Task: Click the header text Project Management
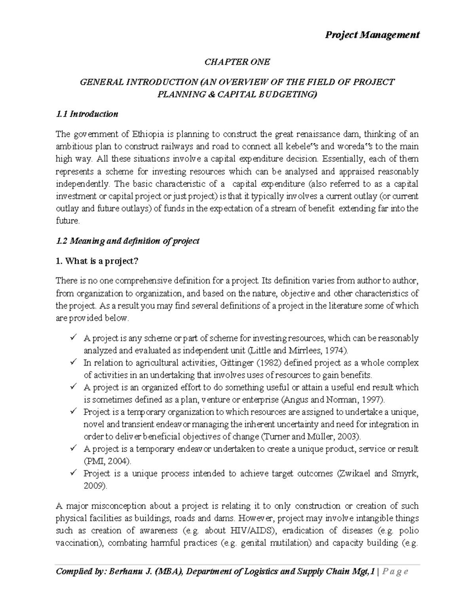372,35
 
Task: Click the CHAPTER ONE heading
237,62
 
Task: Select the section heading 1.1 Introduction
87,114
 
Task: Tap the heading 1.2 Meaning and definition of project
128,241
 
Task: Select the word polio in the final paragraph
408,530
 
